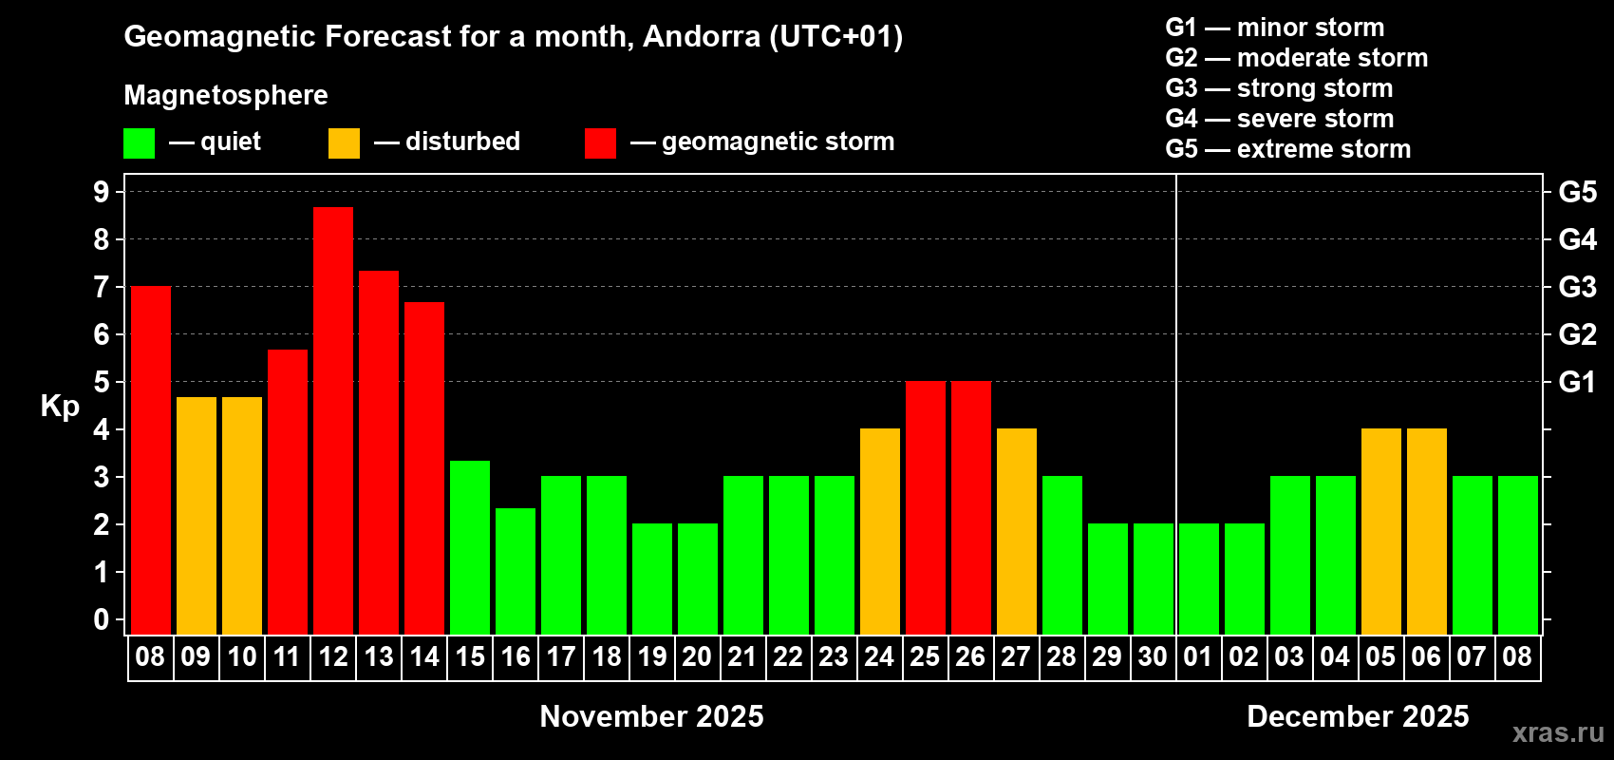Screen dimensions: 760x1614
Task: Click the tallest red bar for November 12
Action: pyautogui.click(x=333, y=420)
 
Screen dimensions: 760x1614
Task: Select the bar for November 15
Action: pyautogui.click(x=470, y=547)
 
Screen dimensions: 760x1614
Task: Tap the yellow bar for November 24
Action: pyautogui.click(x=880, y=531)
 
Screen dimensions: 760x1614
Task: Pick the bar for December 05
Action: pyautogui.click(x=1381, y=531)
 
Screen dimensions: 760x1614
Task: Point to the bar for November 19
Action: pyautogui.click(x=652, y=579)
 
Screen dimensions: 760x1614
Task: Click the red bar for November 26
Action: pyautogui.click(x=971, y=507)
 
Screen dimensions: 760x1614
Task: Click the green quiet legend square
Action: pyautogui.click(x=140, y=143)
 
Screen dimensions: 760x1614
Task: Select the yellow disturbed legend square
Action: pyautogui.click(x=345, y=143)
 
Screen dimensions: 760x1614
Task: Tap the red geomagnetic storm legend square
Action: pyautogui.click(x=601, y=143)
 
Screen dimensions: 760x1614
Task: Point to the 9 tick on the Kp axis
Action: pyautogui.click(x=102, y=192)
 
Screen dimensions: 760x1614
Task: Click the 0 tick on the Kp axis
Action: pyautogui.click(x=102, y=619)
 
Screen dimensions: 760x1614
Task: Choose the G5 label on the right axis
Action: pyautogui.click(x=1577, y=192)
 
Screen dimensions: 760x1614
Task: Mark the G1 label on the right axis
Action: pyautogui.click(x=1577, y=382)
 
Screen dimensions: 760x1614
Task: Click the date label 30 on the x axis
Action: pyautogui.click(x=1153, y=656)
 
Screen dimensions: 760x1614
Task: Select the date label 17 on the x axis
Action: pyautogui.click(x=561, y=656)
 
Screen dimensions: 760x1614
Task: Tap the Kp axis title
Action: pyautogui.click(x=60, y=406)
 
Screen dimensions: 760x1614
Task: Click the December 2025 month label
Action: pyautogui.click(x=1358, y=716)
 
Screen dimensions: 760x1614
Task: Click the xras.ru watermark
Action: pyautogui.click(x=1558, y=732)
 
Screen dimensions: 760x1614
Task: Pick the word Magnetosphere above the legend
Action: pyautogui.click(x=226, y=95)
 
